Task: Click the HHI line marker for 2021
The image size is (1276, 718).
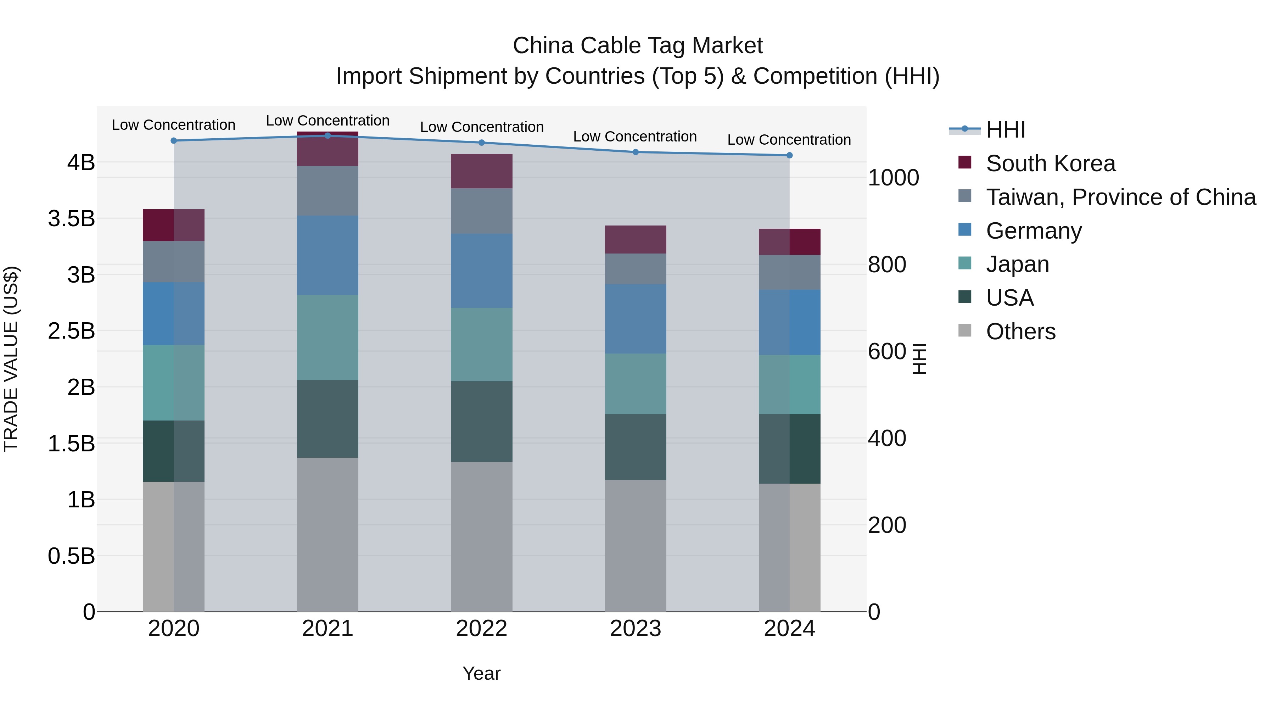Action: pyautogui.click(x=328, y=135)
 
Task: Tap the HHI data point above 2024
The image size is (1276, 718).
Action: pyautogui.click(x=790, y=155)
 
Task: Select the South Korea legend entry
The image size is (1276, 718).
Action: pyautogui.click(x=1050, y=163)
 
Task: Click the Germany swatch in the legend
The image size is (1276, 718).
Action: pyautogui.click(x=964, y=230)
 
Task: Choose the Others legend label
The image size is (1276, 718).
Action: pyautogui.click(x=1020, y=332)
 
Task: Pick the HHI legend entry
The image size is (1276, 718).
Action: pyautogui.click(x=1005, y=130)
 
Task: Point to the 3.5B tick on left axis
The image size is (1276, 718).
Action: pyautogui.click(x=71, y=218)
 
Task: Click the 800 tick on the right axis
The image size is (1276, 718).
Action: pyautogui.click(x=887, y=265)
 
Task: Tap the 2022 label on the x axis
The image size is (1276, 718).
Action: pyautogui.click(x=481, y=629)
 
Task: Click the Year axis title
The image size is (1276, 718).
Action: pyautogui.click(x=481, y=673)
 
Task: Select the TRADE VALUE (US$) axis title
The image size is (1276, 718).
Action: pyautogui.click(x=11, y=359)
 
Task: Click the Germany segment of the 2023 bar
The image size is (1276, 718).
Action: pyautogui.click(x=636, y=319)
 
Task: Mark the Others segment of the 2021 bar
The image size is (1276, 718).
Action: pyautogui.click(x=328, y=534)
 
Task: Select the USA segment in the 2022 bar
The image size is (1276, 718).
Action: pyautogui.click(x=481, y=421)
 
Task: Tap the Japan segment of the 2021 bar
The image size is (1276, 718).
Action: pyautogui.click(x=328, y=338)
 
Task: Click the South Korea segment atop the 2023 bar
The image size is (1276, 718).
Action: pyautogui.click(x=636, y=239)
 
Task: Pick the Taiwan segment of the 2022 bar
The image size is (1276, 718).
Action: pyautogui.click(x=481, y=211)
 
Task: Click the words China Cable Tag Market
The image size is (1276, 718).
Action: pyautogui.click(x=638, y=46)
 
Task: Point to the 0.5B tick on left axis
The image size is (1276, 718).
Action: pyautogui.click(x=71, y=556)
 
